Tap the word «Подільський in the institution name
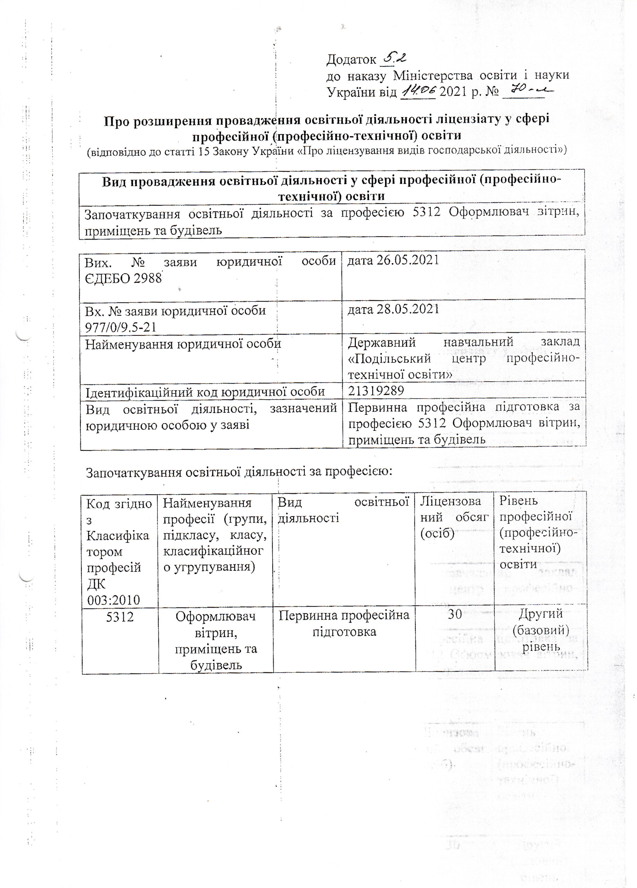click(x=389, y=358)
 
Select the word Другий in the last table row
click(x=540, y=614)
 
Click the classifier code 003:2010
click(x=113, y=599)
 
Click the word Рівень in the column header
click(x=518, y=501)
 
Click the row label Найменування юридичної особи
click(x=183, y=344)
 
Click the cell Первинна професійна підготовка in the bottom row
click(x=344, y=623)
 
